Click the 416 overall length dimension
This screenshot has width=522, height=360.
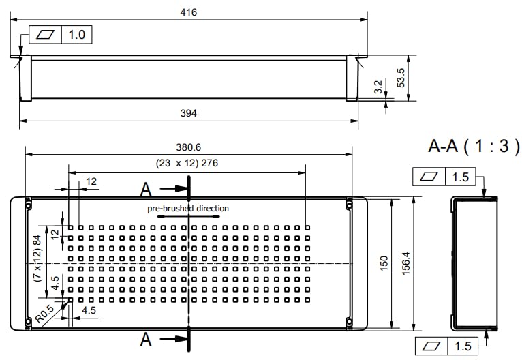tap(189, 13)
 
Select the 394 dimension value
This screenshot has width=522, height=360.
tap(189, 113)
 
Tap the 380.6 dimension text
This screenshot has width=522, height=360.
tap(189, 147)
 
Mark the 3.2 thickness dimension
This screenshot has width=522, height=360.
tap(378, 87)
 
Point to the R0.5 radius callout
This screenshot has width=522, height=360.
tap(45, 316)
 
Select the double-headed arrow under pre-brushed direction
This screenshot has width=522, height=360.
tap(188, 216)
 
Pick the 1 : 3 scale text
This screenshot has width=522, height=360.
tap(489, 145)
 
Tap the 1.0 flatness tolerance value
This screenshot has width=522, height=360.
tap(76, 35)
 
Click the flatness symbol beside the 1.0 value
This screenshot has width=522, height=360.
tap(46, 35)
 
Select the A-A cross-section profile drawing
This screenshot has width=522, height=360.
tap(476, 262)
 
